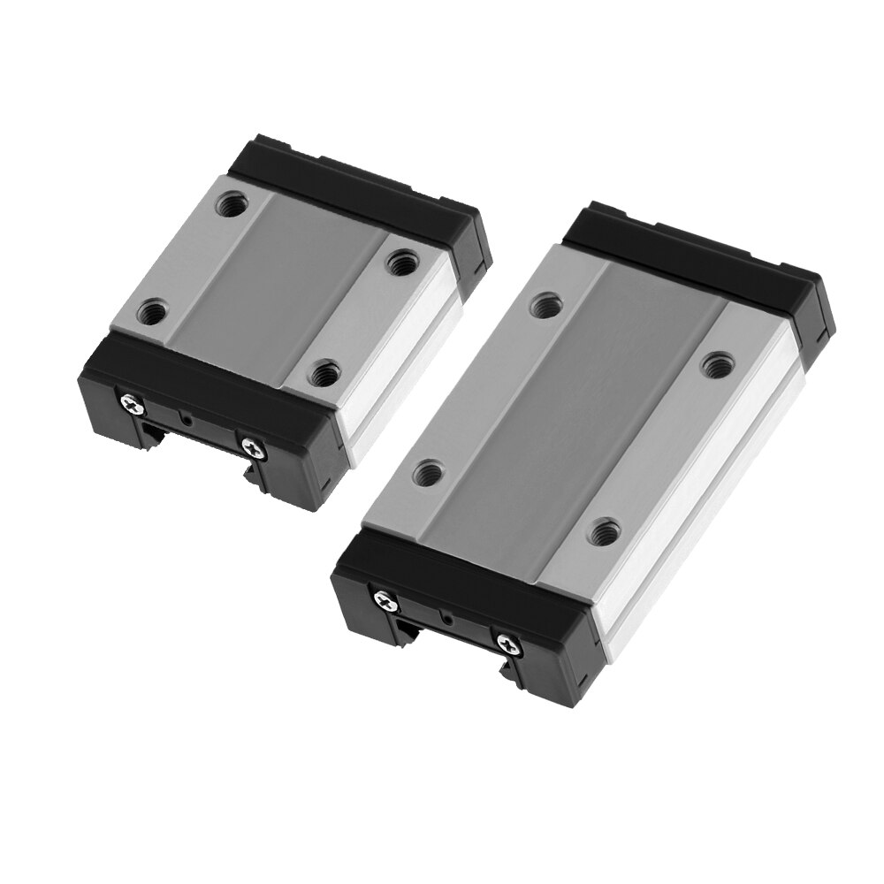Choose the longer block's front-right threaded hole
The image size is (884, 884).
tap(606, 532)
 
